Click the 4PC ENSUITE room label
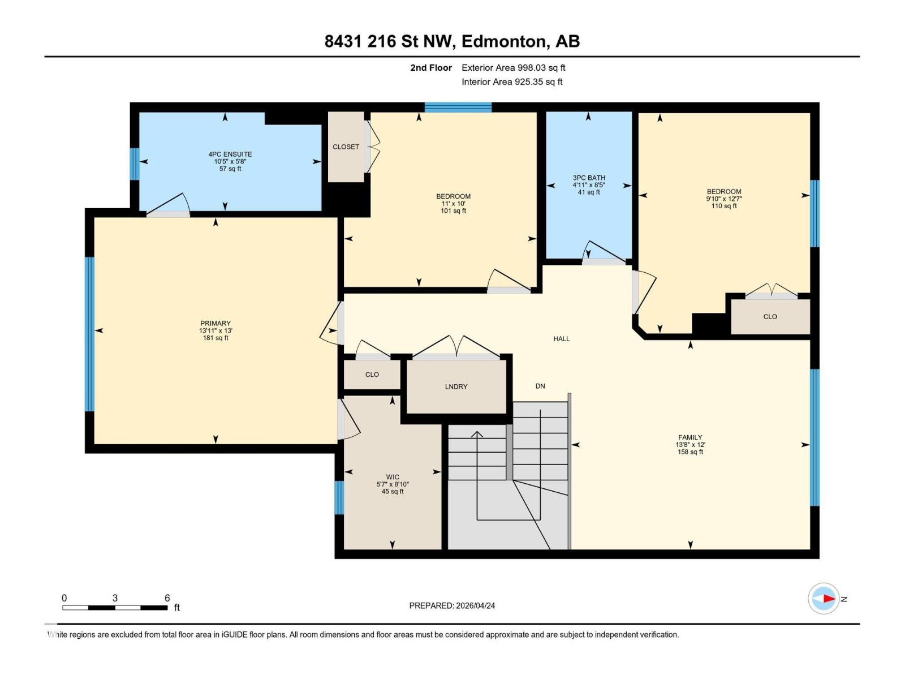click(x=230, y=154)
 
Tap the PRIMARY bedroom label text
click(x=215, y=324)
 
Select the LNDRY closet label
click(x=456, y=386)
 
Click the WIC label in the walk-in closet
click(x=393, y=477)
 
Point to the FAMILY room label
click(x=690, y=437)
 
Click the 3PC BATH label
click(x=589, y=178)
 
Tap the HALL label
click(x=561, y=338)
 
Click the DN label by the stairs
click(x=540, y=386)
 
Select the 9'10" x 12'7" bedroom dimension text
click(x=723, y=199)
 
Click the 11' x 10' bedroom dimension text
click(x=453, y=204)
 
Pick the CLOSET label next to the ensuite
click(x=346, y=147)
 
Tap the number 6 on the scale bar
click(x=167, y=598)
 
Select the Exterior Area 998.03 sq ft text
click(x=513, y=68)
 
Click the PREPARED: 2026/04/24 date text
click(x=452, y=605)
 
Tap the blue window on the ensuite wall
click(x=134, y=164)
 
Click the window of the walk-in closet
click(x=339, y=497)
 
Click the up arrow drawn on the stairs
click(x=477, y=435)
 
